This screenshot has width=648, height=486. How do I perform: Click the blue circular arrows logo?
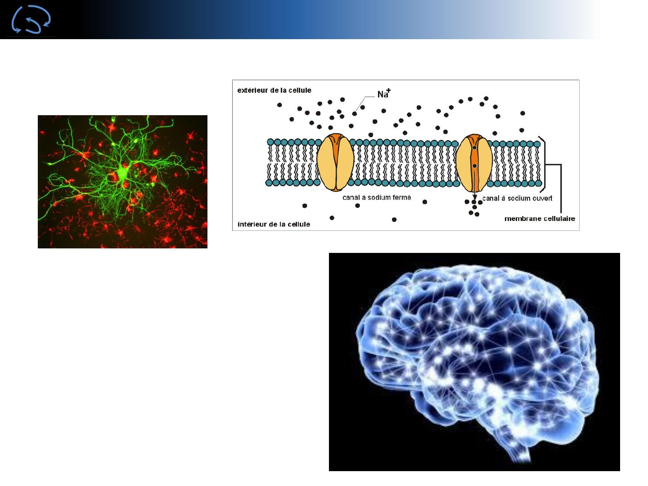tap(31, 19)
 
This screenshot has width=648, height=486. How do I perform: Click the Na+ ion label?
tap(384, 93)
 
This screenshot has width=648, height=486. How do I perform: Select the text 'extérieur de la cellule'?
tap(274, 90)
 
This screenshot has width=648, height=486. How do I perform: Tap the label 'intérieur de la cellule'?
tap(274, 224)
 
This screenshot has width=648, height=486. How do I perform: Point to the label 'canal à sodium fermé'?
tap(377, 198)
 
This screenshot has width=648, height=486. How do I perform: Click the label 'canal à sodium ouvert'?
tap(517, 198)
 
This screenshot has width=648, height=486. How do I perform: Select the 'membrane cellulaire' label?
tap(540, 219)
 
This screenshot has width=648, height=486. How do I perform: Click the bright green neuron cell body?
tap(122, 172)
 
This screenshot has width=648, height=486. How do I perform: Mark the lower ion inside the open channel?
tap(474, 166)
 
